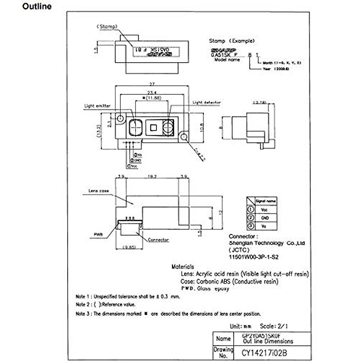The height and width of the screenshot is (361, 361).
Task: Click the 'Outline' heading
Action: coord(37,6)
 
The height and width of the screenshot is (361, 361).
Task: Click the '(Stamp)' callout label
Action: coord(107,26)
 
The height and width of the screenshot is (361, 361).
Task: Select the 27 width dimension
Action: coord(152,85)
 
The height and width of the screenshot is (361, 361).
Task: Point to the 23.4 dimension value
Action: coord(152,93)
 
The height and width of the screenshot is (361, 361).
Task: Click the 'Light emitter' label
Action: coord(97,106)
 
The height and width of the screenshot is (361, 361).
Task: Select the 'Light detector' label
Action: coord(206,103)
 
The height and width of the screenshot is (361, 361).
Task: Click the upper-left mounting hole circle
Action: coord(121,118)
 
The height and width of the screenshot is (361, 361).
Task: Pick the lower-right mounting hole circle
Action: coord(183,137)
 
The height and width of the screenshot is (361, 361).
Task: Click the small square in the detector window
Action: coord(153,128)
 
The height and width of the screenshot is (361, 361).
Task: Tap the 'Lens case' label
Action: coord(99,191)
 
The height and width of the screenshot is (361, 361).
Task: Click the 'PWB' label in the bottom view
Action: coord(98,234)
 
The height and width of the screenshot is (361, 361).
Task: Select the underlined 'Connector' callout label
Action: coord(158,240)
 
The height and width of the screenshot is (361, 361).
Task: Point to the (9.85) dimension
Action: coord(129,247)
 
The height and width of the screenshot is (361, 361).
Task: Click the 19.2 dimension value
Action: coord(152,177)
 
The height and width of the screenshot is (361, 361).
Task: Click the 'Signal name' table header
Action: coord(265,201)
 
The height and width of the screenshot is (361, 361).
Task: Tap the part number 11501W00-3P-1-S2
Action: coord(254,257)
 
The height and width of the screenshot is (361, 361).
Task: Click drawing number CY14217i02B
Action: coord(264,353)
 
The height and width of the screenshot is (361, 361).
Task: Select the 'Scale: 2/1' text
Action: coord(274,326)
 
